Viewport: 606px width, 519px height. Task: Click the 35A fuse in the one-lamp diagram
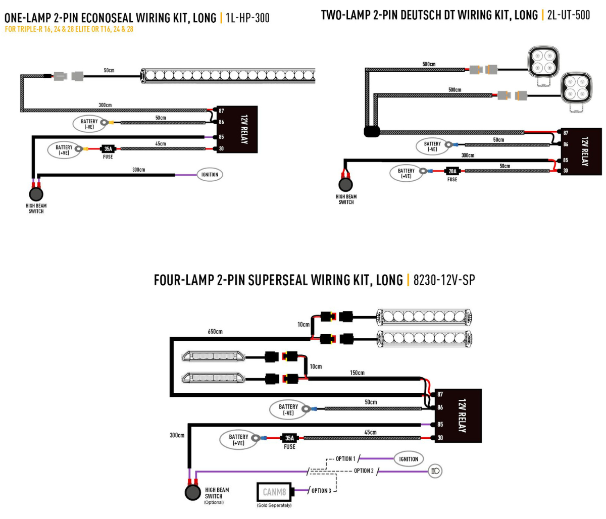coord(108,149)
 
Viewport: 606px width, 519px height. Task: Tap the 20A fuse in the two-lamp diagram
coord(452,171)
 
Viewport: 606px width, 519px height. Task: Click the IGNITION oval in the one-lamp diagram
coord(210,175)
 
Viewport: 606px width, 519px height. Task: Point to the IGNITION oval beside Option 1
coord(408,459)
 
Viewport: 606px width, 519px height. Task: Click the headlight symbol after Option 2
coord(435,471)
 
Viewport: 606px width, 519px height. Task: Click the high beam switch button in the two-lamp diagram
coord(346,185)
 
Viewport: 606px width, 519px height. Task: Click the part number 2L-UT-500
coord(568,15)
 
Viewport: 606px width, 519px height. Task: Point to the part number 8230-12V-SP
coord(443,280)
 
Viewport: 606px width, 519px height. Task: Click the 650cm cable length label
coord(215,331)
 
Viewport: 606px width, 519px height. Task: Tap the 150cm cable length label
coord(357,373)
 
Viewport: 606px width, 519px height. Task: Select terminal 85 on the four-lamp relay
coord(440,425)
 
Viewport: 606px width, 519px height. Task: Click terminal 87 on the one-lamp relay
coord(221,111)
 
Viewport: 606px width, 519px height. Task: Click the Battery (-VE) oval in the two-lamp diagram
coord(432,147)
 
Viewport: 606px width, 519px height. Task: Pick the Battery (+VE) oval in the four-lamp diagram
coord(238,439)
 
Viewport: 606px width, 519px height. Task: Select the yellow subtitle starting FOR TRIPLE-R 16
coord(69,29)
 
